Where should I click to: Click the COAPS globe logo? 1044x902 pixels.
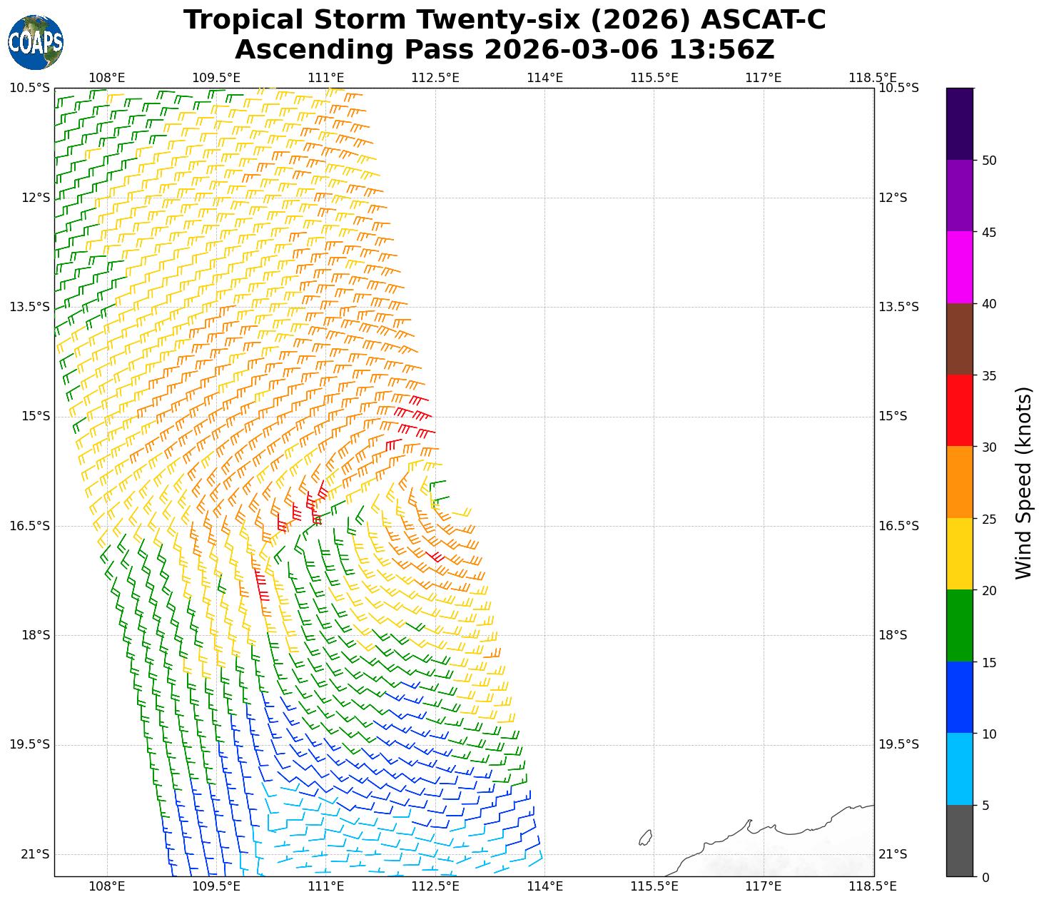[x=36, y=43]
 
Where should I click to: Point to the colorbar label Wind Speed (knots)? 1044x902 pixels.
[x=1023, y=483]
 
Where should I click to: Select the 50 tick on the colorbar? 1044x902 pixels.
[x=989, y=161]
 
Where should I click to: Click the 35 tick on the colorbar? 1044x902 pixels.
[x=989, y=375]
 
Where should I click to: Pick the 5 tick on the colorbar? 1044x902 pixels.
[x=985, y=806]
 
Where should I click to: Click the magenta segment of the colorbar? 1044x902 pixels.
[x=960, y=268]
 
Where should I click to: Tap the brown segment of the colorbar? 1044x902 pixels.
[x=960, y=339]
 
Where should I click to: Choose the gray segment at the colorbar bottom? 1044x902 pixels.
[x=960, y=841]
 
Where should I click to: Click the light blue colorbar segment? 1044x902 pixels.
[x=960, y=769]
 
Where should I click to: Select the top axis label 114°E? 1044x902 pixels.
[x=545, y=78]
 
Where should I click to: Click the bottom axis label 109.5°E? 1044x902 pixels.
[x=217, y=886]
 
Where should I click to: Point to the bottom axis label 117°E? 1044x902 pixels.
[x=764, y=886]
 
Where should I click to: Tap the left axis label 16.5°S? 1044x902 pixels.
[x=30, y=526]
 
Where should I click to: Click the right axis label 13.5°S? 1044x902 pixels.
[x=898, y=307]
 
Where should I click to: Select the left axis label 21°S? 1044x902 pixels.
[x=36, y=854]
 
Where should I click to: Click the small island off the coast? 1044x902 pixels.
[x=645, y=838]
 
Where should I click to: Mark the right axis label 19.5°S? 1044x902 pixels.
[x=898, y=745]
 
